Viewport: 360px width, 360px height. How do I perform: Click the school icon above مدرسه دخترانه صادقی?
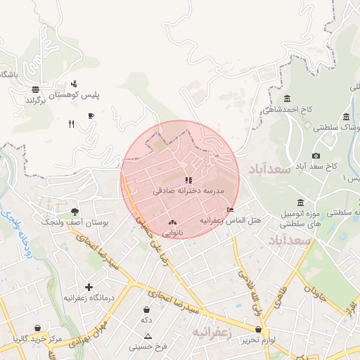[188, 180]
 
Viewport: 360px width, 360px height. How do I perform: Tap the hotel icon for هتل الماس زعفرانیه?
[231, 210]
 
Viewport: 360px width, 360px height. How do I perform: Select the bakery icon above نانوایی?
[172, 222]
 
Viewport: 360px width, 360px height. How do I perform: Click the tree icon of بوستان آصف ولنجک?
[75, 211]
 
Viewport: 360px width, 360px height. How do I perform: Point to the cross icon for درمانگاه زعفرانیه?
[89, 287]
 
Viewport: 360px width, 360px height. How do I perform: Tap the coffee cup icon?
[91, 116]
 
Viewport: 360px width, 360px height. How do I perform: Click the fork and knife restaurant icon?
[71, 124]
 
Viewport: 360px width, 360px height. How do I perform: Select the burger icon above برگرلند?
[35, 89]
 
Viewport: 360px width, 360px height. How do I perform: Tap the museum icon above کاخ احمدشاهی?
[287, 99]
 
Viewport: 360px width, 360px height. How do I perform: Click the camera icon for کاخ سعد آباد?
[316, 155]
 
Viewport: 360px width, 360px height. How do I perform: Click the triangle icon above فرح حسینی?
[148, 336]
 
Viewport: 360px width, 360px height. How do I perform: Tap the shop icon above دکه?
[146, 309]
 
